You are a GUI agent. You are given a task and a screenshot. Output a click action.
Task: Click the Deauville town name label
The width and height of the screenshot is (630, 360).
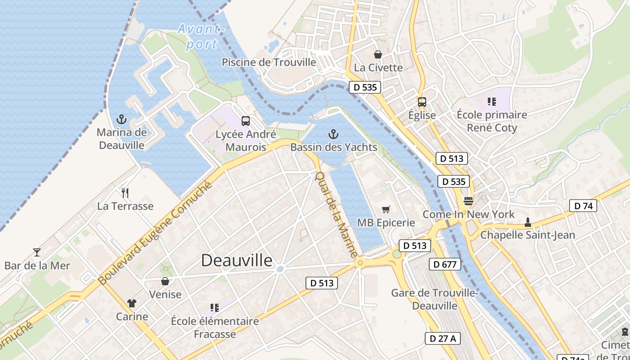(x=237, y=261)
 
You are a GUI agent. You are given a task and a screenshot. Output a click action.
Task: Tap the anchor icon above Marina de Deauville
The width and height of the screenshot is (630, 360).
(x=121, y=119)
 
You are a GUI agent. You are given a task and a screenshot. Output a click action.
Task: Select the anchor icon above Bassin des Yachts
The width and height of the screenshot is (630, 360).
(x=333, y=134)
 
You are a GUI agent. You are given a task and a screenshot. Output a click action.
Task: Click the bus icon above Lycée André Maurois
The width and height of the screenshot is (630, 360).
(x=245, y=121)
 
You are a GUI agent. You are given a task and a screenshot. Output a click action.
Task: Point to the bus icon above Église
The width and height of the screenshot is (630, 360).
(x=422, y=102)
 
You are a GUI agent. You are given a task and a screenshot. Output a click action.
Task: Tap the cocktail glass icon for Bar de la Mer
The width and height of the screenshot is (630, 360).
(x=37, y=252)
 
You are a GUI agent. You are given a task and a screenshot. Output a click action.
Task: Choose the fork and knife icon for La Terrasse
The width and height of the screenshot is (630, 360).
(x=125, y=193)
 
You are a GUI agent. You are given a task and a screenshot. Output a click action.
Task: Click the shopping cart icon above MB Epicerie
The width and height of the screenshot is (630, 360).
(x=386, y=209)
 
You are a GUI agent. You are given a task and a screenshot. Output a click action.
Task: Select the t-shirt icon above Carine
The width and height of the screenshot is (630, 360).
(x=132, y=303)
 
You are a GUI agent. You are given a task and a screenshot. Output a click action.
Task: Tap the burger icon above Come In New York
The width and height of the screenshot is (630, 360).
(x=468, y=201)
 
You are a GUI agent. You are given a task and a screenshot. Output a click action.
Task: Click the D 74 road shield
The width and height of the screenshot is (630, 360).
(x=583, y=206)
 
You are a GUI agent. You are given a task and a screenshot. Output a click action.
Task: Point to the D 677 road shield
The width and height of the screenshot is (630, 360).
(x=445, y=264)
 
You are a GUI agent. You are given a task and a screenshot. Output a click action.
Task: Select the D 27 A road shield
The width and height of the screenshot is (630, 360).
(x=443, y=338)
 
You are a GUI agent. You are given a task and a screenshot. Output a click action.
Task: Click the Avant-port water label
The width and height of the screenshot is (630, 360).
(x=201, y=36)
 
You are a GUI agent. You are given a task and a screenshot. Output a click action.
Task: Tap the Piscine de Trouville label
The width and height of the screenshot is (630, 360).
(x=269, y=62)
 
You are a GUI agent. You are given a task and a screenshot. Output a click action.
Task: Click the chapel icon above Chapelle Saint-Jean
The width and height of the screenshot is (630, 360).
(x=527, y=222)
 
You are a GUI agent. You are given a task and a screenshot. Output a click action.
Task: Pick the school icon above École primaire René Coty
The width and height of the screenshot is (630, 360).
(x=491, y=102)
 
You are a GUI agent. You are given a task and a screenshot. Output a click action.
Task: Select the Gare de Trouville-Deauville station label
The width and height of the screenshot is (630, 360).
(x=435, y=299)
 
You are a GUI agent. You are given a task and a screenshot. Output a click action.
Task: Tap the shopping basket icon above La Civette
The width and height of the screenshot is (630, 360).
(x=378, y=54)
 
